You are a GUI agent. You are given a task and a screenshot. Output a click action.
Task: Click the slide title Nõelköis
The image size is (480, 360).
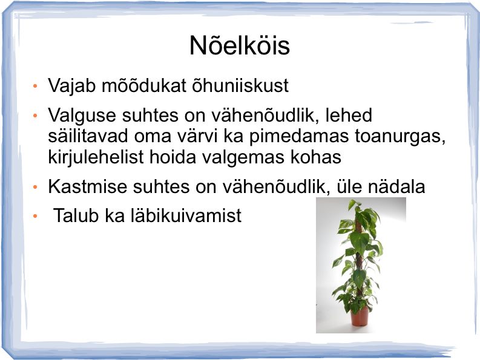[239, 45]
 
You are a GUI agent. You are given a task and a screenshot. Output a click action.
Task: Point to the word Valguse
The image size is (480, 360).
[82, 116]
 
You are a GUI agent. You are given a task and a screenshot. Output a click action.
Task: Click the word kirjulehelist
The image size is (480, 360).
[96, 158]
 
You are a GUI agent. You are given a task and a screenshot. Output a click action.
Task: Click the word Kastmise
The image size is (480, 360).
[87, 186]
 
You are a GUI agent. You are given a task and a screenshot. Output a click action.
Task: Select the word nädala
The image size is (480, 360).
[396, 186]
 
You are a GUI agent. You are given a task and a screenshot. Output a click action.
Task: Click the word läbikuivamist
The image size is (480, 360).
[186, 215]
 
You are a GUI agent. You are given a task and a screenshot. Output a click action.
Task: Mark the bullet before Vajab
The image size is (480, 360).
[35, 86]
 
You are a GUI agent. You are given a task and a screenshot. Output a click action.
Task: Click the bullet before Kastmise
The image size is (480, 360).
[35, 186]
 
